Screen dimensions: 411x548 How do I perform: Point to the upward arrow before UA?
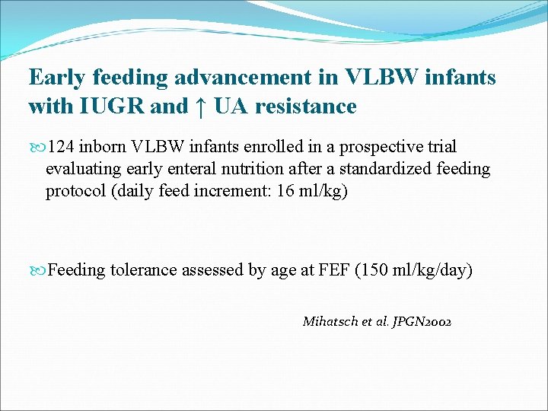pyautogui.click(x=199, y=107)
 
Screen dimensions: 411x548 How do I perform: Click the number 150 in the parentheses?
pyautogui.click(x=374, y=270)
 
